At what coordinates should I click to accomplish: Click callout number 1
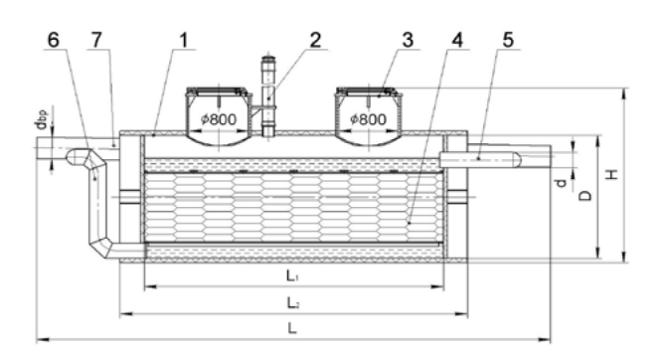[183, 40]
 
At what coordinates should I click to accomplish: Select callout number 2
[315, 40]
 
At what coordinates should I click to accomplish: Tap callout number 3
[409, 40]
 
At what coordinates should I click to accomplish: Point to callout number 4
[457, 40]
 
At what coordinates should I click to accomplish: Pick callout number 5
[508, 40]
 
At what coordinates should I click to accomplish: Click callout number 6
[53, 40]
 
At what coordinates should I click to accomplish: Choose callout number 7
[97, 40]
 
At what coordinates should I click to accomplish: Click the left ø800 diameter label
[219, 119]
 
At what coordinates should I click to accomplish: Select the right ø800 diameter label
[368, 119]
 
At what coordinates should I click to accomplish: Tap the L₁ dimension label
[292, 276]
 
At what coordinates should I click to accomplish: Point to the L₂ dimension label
[292, 303]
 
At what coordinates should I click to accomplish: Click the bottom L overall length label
[292, 328]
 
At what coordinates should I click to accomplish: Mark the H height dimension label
[613, 174]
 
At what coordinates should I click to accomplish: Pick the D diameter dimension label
[586, 195]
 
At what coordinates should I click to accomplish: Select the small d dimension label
[561, 183]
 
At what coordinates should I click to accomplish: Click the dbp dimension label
[41, 119]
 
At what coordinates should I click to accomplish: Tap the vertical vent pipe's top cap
[268, 59]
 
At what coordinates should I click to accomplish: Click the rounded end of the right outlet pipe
[517, 159]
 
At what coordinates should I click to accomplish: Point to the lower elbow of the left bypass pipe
[100, 247]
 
